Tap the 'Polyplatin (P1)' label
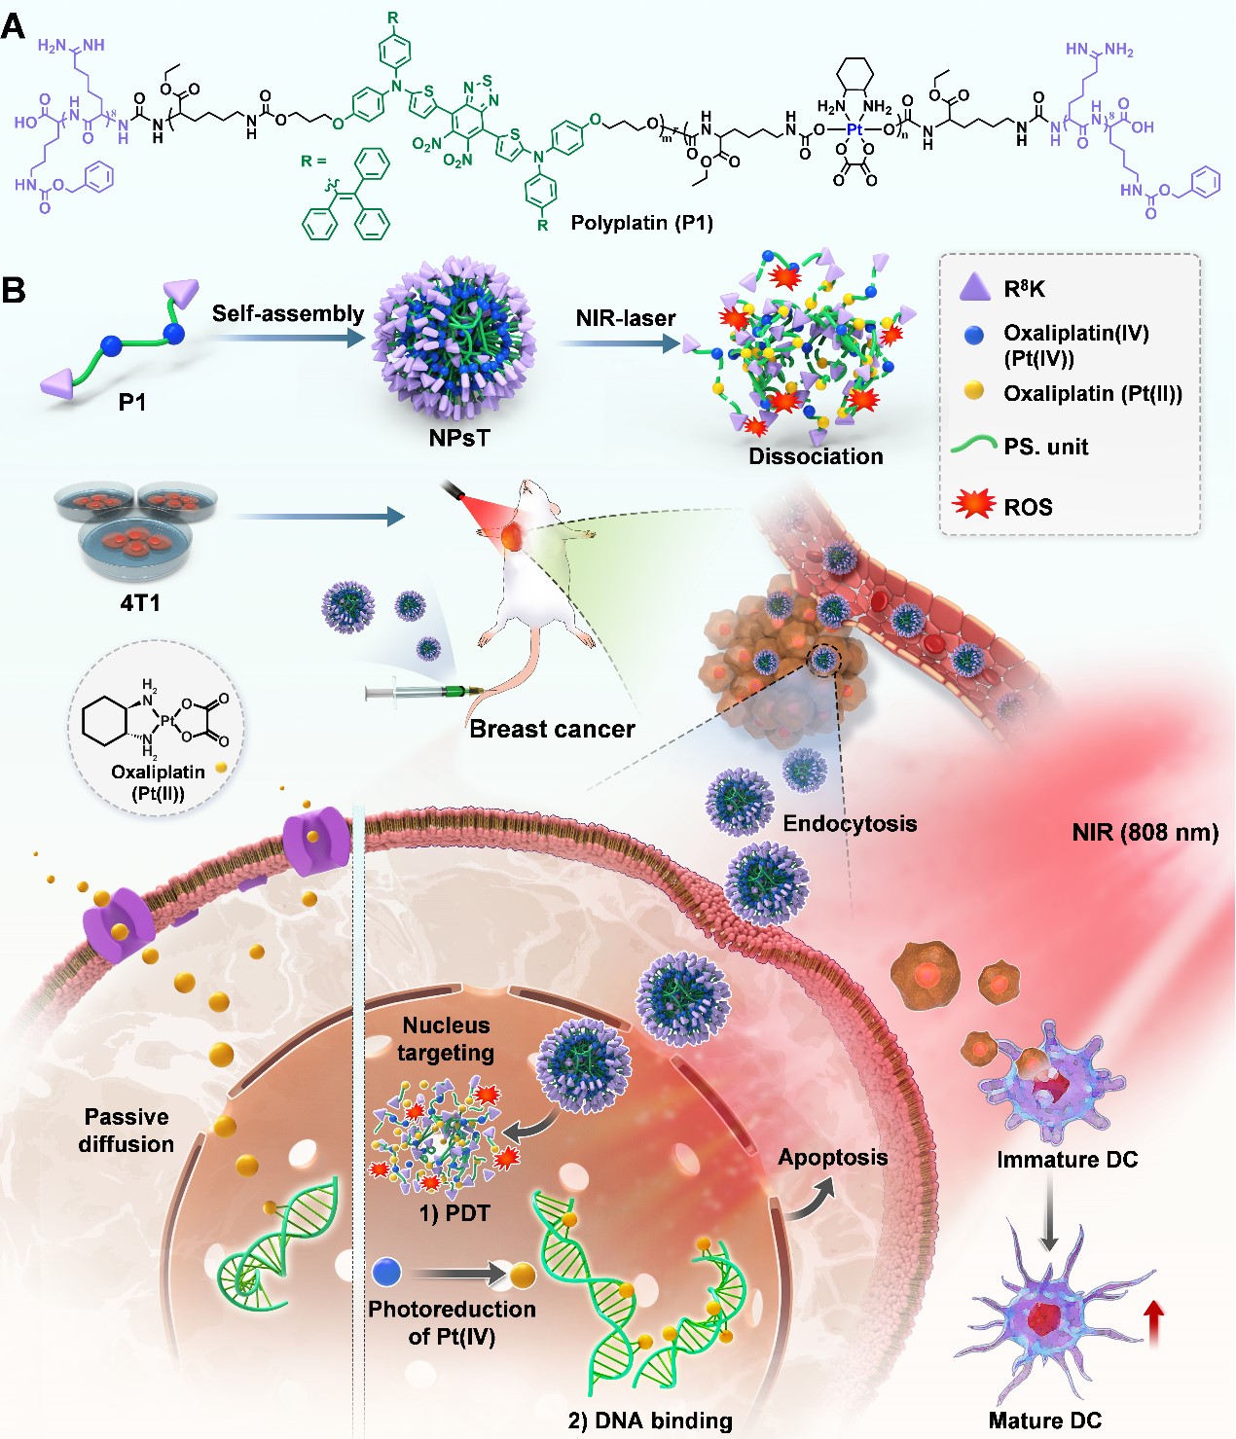[641, 223]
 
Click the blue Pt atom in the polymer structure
[854, 129]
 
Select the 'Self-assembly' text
[288, 313]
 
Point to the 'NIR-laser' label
[625, 318]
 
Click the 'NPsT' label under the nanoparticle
[458, 438]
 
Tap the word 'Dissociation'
[816, 456]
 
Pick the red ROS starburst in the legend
[974, 504]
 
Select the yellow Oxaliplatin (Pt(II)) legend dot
[973, 391]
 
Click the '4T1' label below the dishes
[140, 603]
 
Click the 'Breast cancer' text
[552, 729]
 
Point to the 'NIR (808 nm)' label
[1145, 833]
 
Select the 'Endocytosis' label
[850, 824]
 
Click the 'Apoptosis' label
[832, 1158]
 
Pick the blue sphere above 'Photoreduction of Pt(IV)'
[386, 1272]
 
